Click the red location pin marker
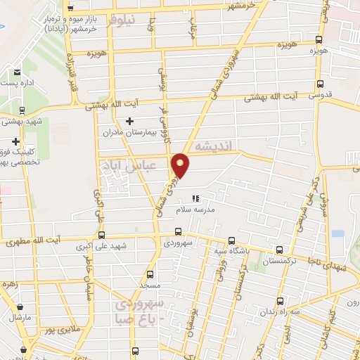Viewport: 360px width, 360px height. point(181,165)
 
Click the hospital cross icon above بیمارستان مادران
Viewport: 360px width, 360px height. point(129,121)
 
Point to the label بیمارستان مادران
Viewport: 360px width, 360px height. point(122,131)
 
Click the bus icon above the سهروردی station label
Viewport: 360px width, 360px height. point(178,231)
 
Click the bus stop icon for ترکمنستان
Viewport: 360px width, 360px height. point(280,250)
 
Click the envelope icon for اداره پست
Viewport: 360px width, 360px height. point(16,71)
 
